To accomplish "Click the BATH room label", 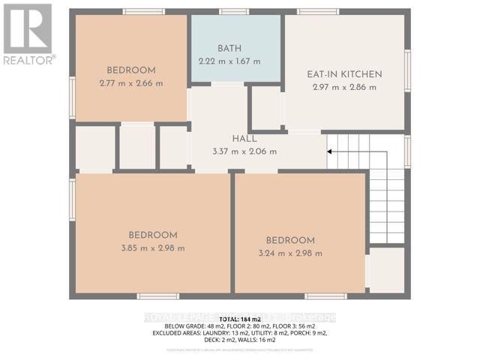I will (x=229, y=48).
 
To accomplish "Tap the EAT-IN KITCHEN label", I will (x=345, y=74).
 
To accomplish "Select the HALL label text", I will (x=244, y=139).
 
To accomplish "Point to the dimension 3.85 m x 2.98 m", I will (x=152, y=247).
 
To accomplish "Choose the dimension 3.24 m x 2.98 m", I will (x=289, y=253).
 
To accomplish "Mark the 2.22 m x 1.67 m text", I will (x=229, y=61).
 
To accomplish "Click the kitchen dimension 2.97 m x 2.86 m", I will (x=345, y=87).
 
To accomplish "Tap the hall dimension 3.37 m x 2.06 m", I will (x=244, y=151).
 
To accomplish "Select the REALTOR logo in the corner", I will (x=28, y=34).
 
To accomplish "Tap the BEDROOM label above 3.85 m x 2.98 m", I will (x=152, y=235).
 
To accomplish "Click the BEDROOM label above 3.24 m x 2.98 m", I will (x=289, y=240).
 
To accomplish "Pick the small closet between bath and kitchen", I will (x=265, y=109).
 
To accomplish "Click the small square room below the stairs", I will (x=386, y=271).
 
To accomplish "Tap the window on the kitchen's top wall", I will (x=318, y=11).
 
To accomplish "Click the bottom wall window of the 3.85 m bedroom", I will (x=157, y=296).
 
